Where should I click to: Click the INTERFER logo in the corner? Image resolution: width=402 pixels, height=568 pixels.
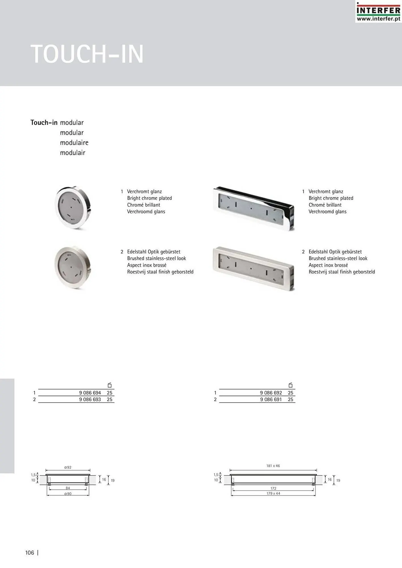(378, 12)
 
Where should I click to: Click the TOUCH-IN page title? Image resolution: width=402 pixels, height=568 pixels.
(87, 54)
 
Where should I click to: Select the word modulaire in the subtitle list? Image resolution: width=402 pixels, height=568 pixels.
(74, 143)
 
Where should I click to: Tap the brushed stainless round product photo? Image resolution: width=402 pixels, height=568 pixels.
(73, 267)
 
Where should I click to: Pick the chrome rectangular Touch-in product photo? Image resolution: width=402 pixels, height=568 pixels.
(253, 208)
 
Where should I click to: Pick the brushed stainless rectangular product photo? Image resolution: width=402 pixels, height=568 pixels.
(253, 268)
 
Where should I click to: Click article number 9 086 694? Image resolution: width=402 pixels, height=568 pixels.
(90, 393)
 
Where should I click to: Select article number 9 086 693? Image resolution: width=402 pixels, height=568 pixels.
(90, 400)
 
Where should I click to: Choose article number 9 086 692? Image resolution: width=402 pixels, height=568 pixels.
(271, 393)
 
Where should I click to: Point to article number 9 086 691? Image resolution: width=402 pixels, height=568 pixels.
(271, 400)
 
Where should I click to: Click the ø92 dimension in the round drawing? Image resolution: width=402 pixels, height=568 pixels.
(68, 467)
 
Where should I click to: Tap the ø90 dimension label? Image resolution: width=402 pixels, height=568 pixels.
(68, 494)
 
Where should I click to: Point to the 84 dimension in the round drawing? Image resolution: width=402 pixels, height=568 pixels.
(68, 488)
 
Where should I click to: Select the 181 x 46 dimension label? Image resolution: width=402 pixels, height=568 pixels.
(273, 466)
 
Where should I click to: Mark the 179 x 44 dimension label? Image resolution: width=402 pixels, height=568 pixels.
(273, 494)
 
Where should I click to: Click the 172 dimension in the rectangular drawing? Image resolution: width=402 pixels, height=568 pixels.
(273, 488)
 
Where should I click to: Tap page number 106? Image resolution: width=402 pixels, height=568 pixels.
(30, 553)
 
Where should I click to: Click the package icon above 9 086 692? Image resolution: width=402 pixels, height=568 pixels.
(291, 385)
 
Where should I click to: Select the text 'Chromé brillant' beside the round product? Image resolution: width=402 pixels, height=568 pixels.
(144, 205)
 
